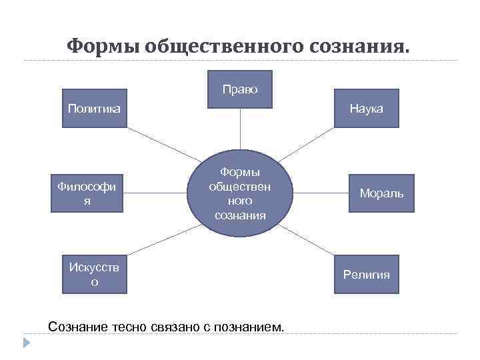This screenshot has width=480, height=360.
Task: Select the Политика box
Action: (94, 108)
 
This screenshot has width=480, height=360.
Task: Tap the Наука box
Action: (367, 108)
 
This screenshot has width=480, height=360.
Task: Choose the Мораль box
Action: (381, 193)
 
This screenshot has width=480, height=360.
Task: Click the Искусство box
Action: (94, 274)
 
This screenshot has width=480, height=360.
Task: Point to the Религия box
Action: (367, 274)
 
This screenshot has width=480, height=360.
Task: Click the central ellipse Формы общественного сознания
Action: (240, 194)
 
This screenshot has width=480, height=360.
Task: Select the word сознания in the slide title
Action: (361, 46)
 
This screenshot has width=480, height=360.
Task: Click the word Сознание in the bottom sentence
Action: (77, 327)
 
